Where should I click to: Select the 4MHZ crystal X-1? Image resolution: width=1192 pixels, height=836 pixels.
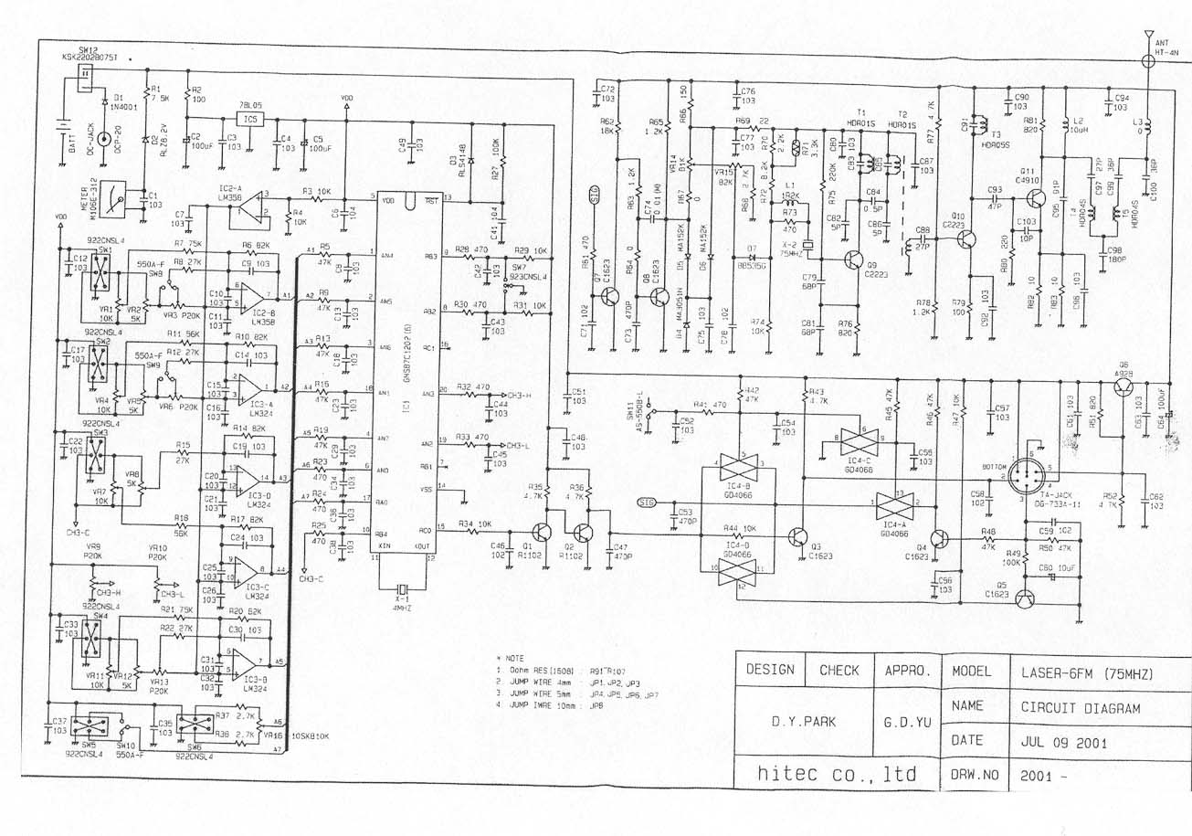398,587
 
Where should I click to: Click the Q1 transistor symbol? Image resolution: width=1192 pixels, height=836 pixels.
542,533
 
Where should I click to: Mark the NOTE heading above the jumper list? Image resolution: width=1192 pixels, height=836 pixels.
509,657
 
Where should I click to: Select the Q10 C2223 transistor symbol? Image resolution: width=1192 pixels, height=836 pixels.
966,239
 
